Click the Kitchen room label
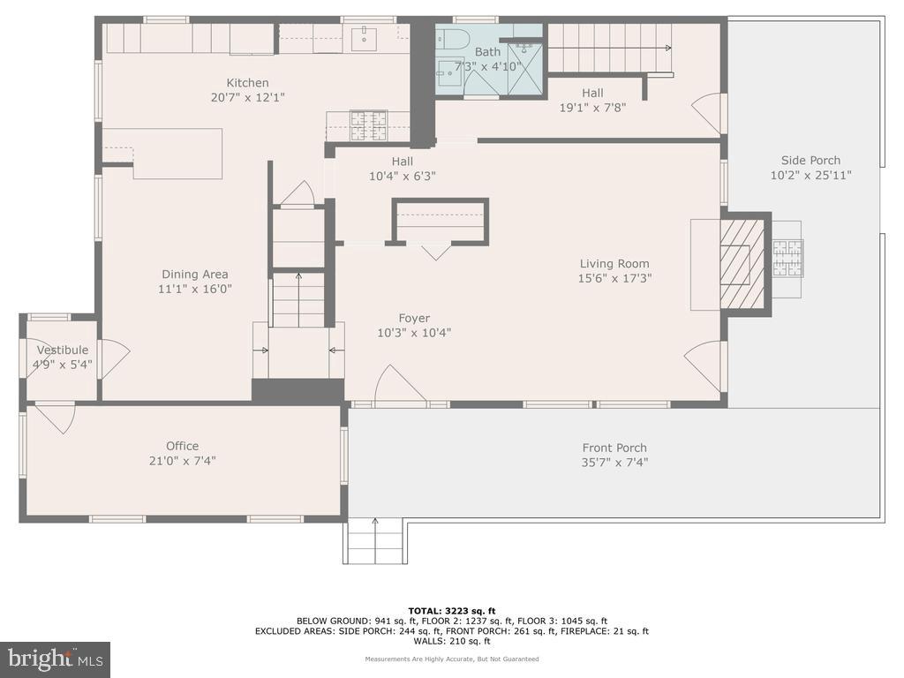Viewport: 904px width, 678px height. (247, 83)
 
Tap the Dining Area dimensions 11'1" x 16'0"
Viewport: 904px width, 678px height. (195, 289)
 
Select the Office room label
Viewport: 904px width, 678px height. (183, 446)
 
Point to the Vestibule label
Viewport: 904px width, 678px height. (62, 350)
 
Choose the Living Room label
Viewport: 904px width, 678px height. (614, 263)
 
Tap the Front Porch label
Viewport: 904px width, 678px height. (614, 448)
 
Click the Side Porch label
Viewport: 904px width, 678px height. (810, 161)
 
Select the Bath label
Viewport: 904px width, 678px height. (487, 52)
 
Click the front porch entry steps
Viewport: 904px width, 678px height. (374, 541)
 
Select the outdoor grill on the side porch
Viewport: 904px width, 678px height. (787, 259)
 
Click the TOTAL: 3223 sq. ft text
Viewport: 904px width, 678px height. (451, 610)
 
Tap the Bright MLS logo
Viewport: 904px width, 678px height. (55, 659)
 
